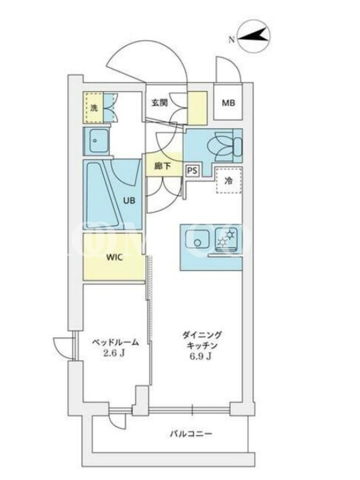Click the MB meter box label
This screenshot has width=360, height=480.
point(229,103)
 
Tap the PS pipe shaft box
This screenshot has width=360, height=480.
point(192,170)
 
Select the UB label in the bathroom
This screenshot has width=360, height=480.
point(129,201)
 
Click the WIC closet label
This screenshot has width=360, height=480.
point(114,257)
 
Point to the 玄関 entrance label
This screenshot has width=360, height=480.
point(160,103)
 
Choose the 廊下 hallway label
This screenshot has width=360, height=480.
point(163,166)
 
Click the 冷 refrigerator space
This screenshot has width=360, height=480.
point(229,181)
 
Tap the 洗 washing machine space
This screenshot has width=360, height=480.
point(94,107)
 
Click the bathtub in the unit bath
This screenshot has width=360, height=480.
point(101,194)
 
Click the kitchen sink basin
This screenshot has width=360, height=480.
point(197,238)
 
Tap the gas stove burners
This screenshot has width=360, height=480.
point(226,238)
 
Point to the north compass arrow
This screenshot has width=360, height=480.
point(253,36)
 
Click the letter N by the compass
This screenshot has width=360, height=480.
point(232,40)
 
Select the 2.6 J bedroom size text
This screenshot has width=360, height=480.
point(113,353)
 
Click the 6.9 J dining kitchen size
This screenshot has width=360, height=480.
point(200,356)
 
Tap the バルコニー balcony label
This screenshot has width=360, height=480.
point(191,434)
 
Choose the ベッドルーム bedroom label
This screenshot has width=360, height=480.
point(115,342)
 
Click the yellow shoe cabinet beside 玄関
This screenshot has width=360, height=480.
point(197,108)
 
